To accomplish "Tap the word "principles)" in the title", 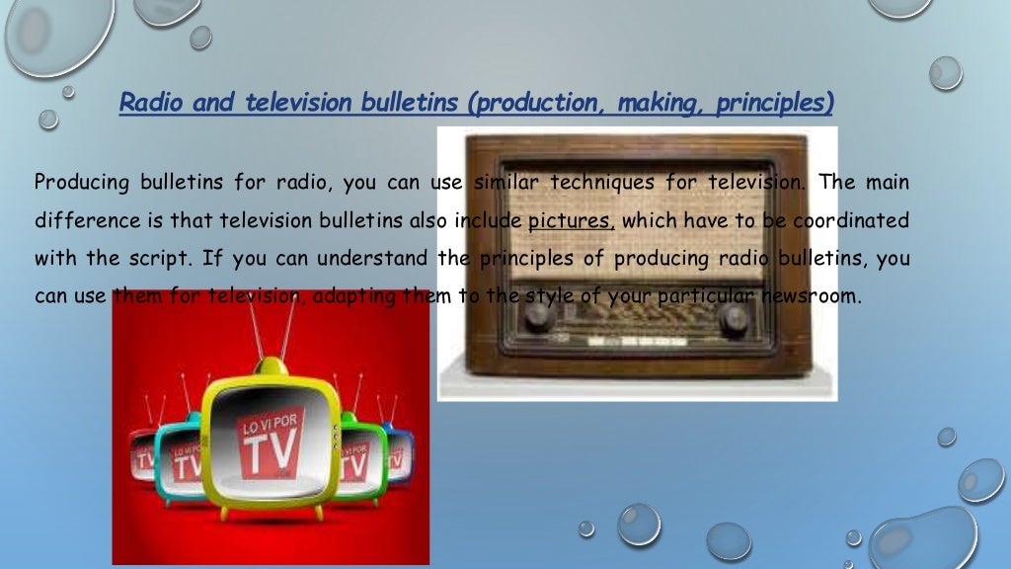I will [x=776, y=103].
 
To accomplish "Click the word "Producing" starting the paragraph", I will [x=81, y=183].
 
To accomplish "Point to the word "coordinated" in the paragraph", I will [x=850, y=220].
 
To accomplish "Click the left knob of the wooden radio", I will [x=536, y=317].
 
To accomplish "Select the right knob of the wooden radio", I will [x=735, y=319].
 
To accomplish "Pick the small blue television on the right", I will [x=399, y=455].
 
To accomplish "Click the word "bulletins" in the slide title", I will [x=405, y=103].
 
